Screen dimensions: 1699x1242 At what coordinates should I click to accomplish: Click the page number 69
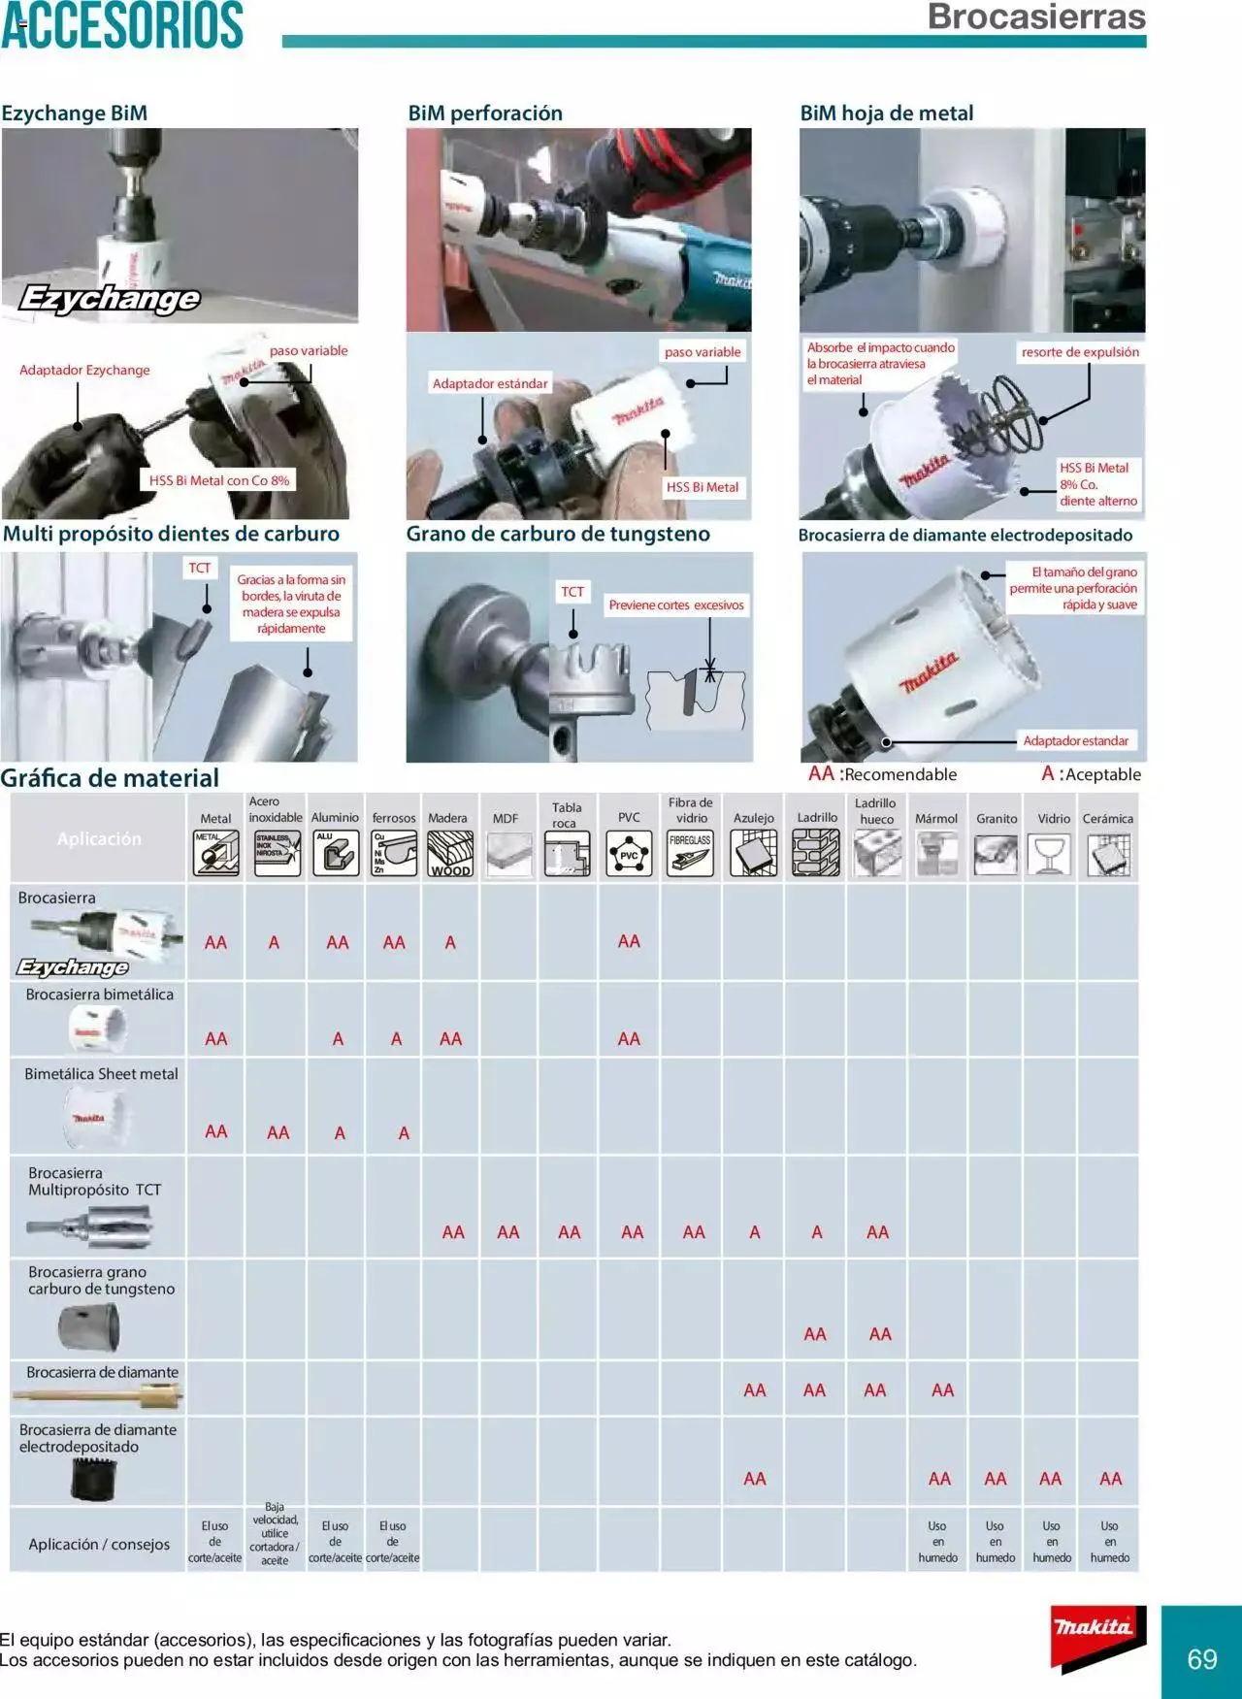click(x=1202, y=1658)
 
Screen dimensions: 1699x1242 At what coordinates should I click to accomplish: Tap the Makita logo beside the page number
click(x=1094, y=1637)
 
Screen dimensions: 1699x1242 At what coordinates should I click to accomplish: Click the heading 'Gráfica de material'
click(x=110, y=778)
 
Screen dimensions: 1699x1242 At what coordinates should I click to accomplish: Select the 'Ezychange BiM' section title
click(x=75, y=114)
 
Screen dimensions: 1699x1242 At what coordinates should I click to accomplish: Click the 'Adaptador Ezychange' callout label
click(x=84, y=370)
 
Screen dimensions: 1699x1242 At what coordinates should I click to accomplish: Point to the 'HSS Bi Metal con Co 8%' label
click(x=219, y=480)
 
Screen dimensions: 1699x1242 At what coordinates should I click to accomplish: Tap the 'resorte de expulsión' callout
click(x=1080, y=352)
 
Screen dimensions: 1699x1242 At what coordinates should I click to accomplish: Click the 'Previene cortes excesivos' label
click(x=676, y=605)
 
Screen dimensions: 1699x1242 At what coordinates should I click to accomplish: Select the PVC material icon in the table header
click(x=629, y=855)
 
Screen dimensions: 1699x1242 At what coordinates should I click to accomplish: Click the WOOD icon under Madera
click(x=450, y=855)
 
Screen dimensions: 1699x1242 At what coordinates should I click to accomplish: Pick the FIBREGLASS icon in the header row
click(x=690, y=855)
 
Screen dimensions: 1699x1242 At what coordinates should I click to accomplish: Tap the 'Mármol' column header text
click(x=936, y=819)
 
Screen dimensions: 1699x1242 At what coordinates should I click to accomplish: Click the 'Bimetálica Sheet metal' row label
click(x=101, y=1074)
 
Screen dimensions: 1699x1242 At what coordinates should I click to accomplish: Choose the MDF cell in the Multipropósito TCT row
click(x=508, y=1232)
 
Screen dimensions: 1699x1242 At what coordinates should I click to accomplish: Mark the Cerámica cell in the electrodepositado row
click(x=1110, y=1479)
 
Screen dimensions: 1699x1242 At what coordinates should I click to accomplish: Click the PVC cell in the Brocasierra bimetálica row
click(x=629, y=1039)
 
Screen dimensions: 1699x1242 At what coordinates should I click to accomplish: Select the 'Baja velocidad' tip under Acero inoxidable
click(x=275, y=1533)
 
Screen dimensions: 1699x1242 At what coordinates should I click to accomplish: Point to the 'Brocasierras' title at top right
click(x=1036, y=16)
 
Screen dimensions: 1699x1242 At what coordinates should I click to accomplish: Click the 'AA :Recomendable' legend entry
click(x=882, y=774)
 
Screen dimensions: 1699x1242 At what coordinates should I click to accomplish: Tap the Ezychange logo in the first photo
click(x=110, y=298)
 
